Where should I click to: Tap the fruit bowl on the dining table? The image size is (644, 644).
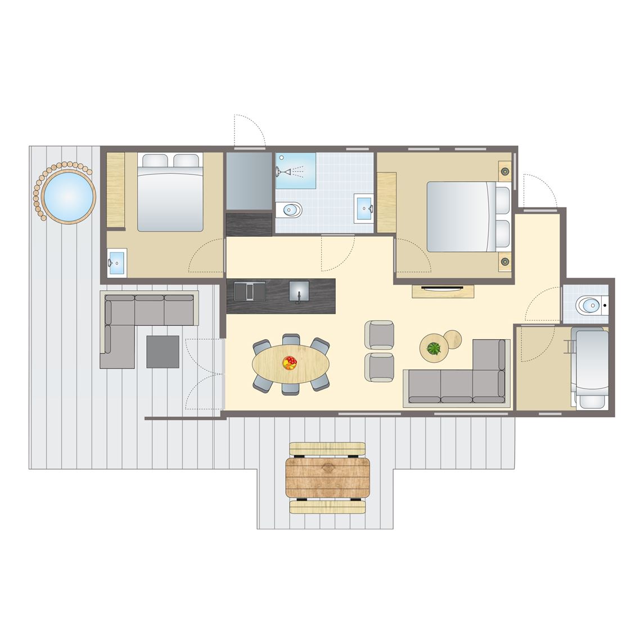click(x=290, y=362)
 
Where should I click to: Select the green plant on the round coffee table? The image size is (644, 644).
click(x=434, y=349)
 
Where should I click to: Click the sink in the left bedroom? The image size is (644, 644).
click(x=117, y=263)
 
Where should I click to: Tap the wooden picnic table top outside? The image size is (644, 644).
click(x=328, y=478)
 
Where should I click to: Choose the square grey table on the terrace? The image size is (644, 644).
click(x=163, y=352)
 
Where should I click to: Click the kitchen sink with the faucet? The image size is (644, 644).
click(x=299, y=291)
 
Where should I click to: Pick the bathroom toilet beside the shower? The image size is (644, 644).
click(x=291, y=210)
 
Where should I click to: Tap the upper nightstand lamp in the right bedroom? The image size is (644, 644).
click(x=505, y=171)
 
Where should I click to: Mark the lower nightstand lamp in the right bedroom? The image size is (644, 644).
click(x=505, y=261)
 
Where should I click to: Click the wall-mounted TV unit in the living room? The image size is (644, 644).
click(x=443, y=291)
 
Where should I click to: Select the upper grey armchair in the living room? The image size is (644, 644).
click(x=380, y=334)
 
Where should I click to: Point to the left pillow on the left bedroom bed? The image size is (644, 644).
click(x=154, y=161)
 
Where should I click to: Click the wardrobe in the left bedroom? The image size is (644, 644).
click(x=115, y=190)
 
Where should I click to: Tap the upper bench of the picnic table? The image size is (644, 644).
click(x=328, y=448)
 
